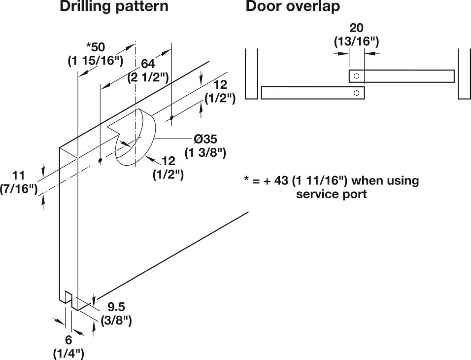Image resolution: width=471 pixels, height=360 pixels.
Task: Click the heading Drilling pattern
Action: [114, 7]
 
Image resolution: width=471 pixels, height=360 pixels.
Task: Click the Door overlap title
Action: [293, 7]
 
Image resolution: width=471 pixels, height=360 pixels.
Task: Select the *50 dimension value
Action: [96, 47]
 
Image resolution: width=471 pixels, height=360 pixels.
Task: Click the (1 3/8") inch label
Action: [205, 153]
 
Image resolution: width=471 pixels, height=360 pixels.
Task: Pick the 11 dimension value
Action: [18, 175]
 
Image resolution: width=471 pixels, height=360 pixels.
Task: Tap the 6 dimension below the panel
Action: [68, 339]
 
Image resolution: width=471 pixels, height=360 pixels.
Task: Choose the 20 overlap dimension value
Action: [356, 28]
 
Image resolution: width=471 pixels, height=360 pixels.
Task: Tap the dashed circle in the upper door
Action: [357, 76]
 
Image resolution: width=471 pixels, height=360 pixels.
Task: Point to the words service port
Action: [331, 194]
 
